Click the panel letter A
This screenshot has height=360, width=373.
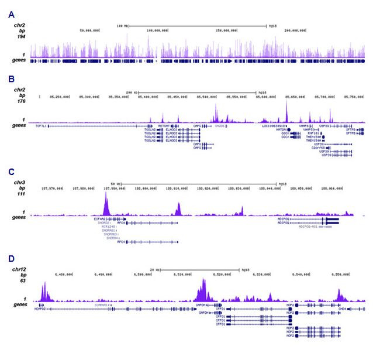tap(11, 13)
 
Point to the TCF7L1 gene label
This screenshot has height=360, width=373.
tap(41, 125)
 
